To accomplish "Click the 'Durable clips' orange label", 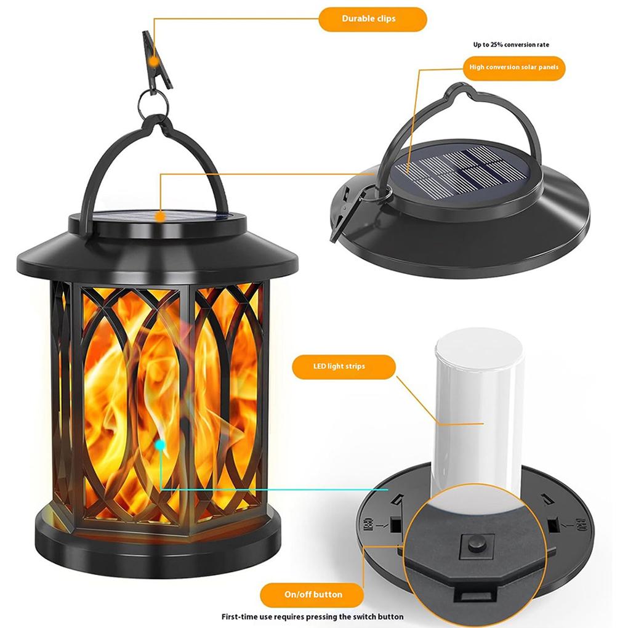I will click(x=372, y=19).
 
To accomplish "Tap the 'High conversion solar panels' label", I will click(x=513, y=67).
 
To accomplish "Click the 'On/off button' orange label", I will click(x=313, y=594).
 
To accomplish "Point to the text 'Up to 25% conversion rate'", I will click(x=510, y=44).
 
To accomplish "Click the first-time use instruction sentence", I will click(x=313, y=616).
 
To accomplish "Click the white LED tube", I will click(x=479, y=406).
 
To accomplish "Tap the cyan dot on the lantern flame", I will click(x=160, y=443).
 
